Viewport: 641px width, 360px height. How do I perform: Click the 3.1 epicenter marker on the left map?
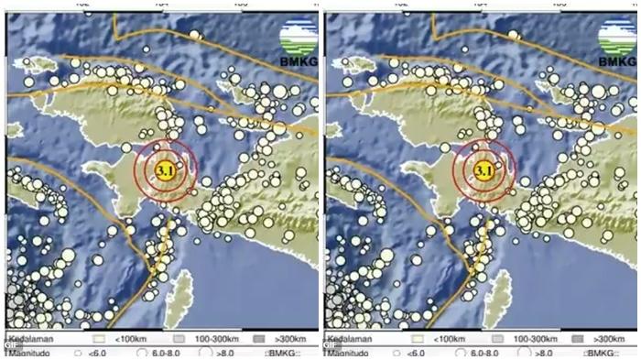coord(165,169)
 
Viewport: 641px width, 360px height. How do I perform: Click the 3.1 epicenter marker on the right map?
coord(483,169)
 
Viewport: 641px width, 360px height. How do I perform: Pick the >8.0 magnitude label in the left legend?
coord(225,353)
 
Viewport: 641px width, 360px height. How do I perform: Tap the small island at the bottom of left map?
coord(182,292)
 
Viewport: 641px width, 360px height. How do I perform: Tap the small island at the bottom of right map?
coord(501,292)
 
